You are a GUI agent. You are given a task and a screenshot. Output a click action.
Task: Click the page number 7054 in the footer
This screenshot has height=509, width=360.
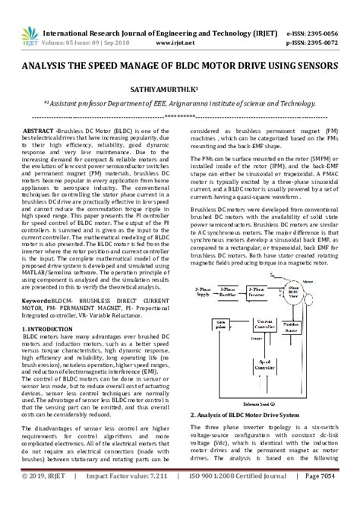pos(334,498)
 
